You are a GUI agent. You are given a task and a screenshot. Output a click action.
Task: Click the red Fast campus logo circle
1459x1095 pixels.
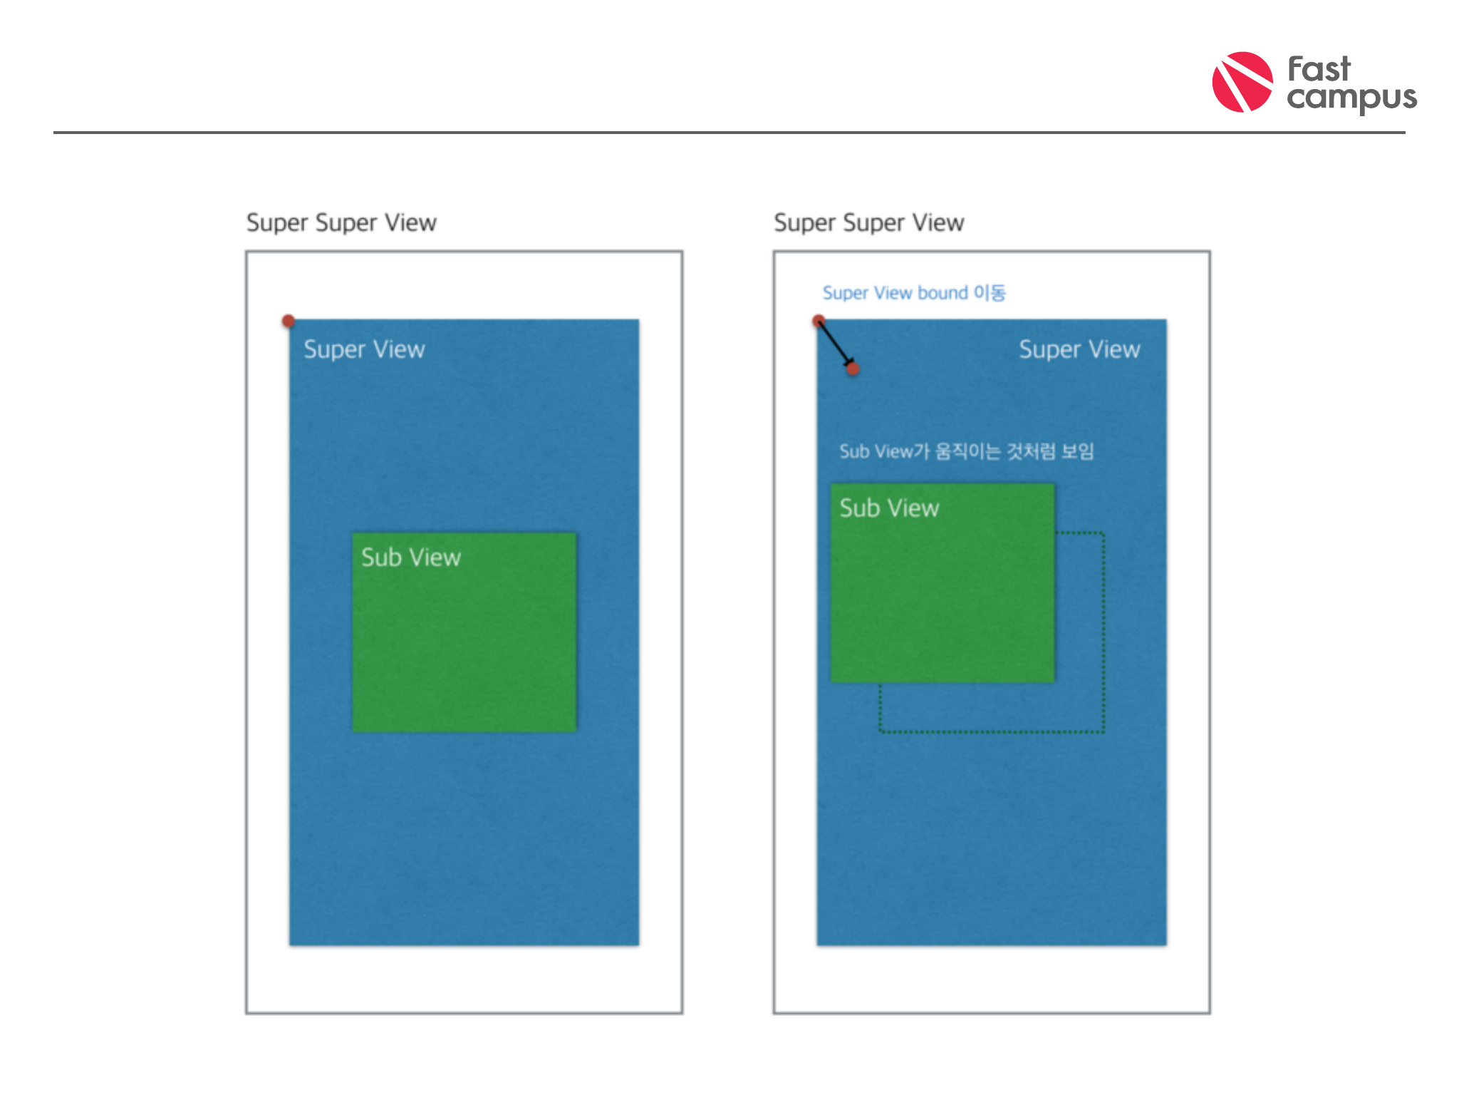pyautogui.click(x=1242, y=82)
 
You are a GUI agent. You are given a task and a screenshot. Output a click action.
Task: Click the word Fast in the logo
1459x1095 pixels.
pyautogui.click(x=1319, y=70)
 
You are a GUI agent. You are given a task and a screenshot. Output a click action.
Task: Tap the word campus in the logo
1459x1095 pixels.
pyautogui.click(x=1351, y=98)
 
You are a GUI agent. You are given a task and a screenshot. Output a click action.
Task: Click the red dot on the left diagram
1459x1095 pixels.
pyautogui.click(x=288, y=322)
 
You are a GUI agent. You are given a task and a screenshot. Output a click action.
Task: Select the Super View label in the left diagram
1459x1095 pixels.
pyautogui.click(x=364, y=349)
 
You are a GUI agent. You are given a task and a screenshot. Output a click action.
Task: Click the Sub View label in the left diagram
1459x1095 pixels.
pyautogui.click(x=411, y=557)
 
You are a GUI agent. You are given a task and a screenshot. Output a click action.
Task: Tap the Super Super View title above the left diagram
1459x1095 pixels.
pyautogui.click(x=341, y=222)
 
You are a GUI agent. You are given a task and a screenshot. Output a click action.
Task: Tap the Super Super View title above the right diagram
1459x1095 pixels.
pyautogui.click(x=868, y=222)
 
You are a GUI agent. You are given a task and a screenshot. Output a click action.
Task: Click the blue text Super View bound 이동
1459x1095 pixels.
pyautogui.click(x=914, y=293)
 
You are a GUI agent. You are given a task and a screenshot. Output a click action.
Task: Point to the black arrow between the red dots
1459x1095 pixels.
pyautogui.click(x=835, y=344)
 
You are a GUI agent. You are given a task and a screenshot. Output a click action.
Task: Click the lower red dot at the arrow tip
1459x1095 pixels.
pyautogui.click(x=853, y=369)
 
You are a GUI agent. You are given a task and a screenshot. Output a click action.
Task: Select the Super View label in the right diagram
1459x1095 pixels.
pyautogui.click(x=1079, y=349)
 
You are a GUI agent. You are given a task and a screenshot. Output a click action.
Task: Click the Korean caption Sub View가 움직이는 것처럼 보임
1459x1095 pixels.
pyautogui.click(x=966, y=451)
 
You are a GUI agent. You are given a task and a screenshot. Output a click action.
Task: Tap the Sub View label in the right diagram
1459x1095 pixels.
pyautogui.click(x=889, y=508)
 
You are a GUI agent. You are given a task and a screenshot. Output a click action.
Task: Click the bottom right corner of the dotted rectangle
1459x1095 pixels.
pyautogui.click(x=1104, y=731)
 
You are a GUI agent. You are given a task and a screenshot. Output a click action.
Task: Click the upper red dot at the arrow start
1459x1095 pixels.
pyautogui.click(x=819, y=321)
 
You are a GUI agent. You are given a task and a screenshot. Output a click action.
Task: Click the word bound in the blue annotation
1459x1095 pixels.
pyautogui.click(x=943, y=293)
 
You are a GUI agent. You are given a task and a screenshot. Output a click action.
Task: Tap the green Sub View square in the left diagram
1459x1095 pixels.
pyautogui.click(x=464, y=642)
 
